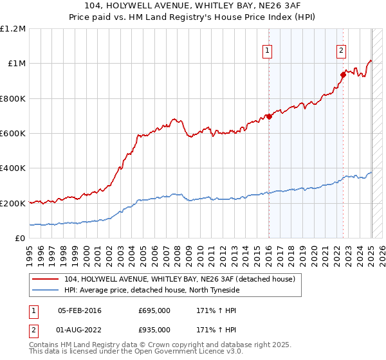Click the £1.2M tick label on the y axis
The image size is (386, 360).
(13, 29)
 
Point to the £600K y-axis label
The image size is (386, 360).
(13, 134)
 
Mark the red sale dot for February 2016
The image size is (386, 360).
(268, 116)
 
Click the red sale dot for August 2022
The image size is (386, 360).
(343, 75)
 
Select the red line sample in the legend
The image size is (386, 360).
(45, 279)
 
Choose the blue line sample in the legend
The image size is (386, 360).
(45, 291)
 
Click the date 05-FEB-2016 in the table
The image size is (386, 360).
(80, 310)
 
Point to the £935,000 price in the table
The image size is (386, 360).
(154, 330)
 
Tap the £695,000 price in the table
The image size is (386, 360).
(154, 310)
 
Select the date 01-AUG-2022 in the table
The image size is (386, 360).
(80, 330)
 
